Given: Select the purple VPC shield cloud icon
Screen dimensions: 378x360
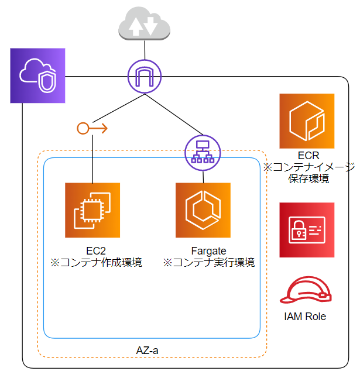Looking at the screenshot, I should point(37,75).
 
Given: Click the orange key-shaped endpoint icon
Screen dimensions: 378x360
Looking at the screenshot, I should point(92,128).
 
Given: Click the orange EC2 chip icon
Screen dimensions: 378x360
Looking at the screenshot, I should point(92,210).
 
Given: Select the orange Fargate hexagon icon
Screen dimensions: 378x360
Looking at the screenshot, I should point(203,210).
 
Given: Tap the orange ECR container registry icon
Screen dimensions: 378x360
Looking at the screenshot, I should point(307,121).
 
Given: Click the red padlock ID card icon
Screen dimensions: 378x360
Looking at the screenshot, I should point(307,230).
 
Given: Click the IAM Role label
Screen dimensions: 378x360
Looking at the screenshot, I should point(304,317).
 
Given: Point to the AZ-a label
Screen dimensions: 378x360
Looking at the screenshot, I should point(147,350).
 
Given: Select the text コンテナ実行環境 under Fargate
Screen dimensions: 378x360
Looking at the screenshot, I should point(214,262).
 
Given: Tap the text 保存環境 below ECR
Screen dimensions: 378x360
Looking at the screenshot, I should point(308,178).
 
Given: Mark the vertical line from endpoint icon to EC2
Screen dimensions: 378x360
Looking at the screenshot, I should point(92,158).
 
